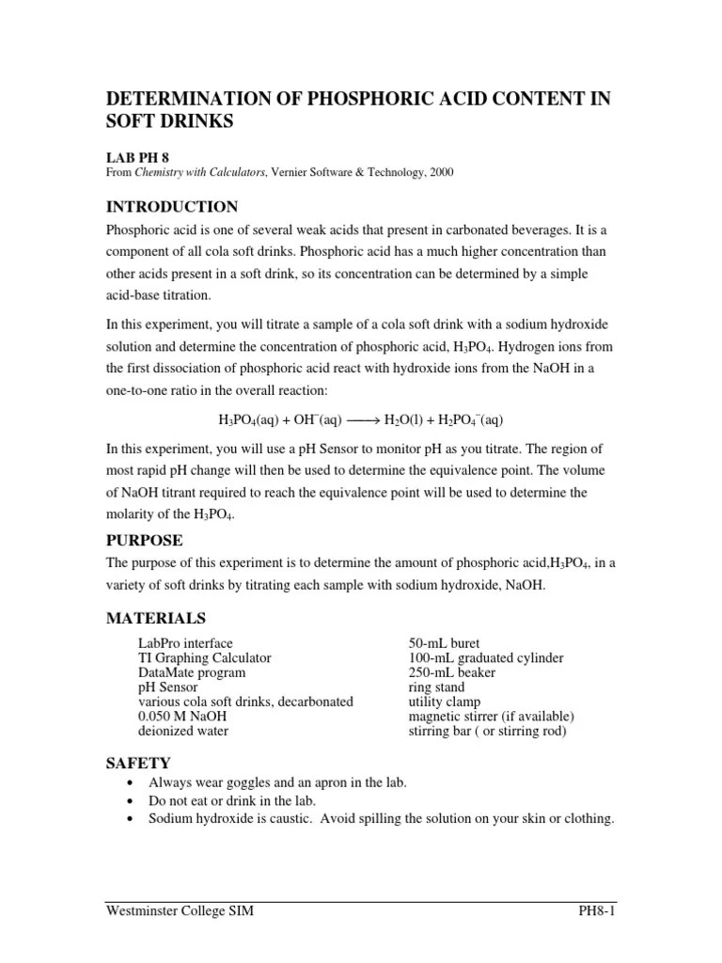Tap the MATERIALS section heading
pos(156,618)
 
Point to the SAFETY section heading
pos(138,763)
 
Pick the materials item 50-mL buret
pos(445,644)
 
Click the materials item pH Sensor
pos(168,687)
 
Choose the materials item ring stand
pos(438,687)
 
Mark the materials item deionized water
pos(183,731)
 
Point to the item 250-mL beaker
pos(452,672)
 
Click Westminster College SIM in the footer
pos(179,912)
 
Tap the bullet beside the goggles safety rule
pos(129,783)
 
